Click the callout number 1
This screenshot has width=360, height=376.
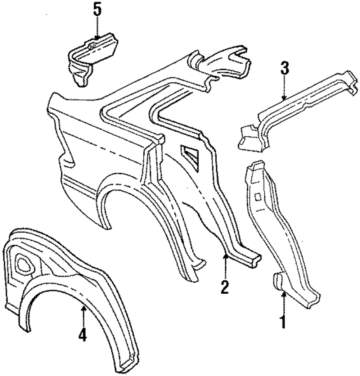coord(283,321)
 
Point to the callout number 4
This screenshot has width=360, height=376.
coord(82,335)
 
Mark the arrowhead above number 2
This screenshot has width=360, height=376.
coord(225,256)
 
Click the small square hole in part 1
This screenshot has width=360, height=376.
coord(258,196)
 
